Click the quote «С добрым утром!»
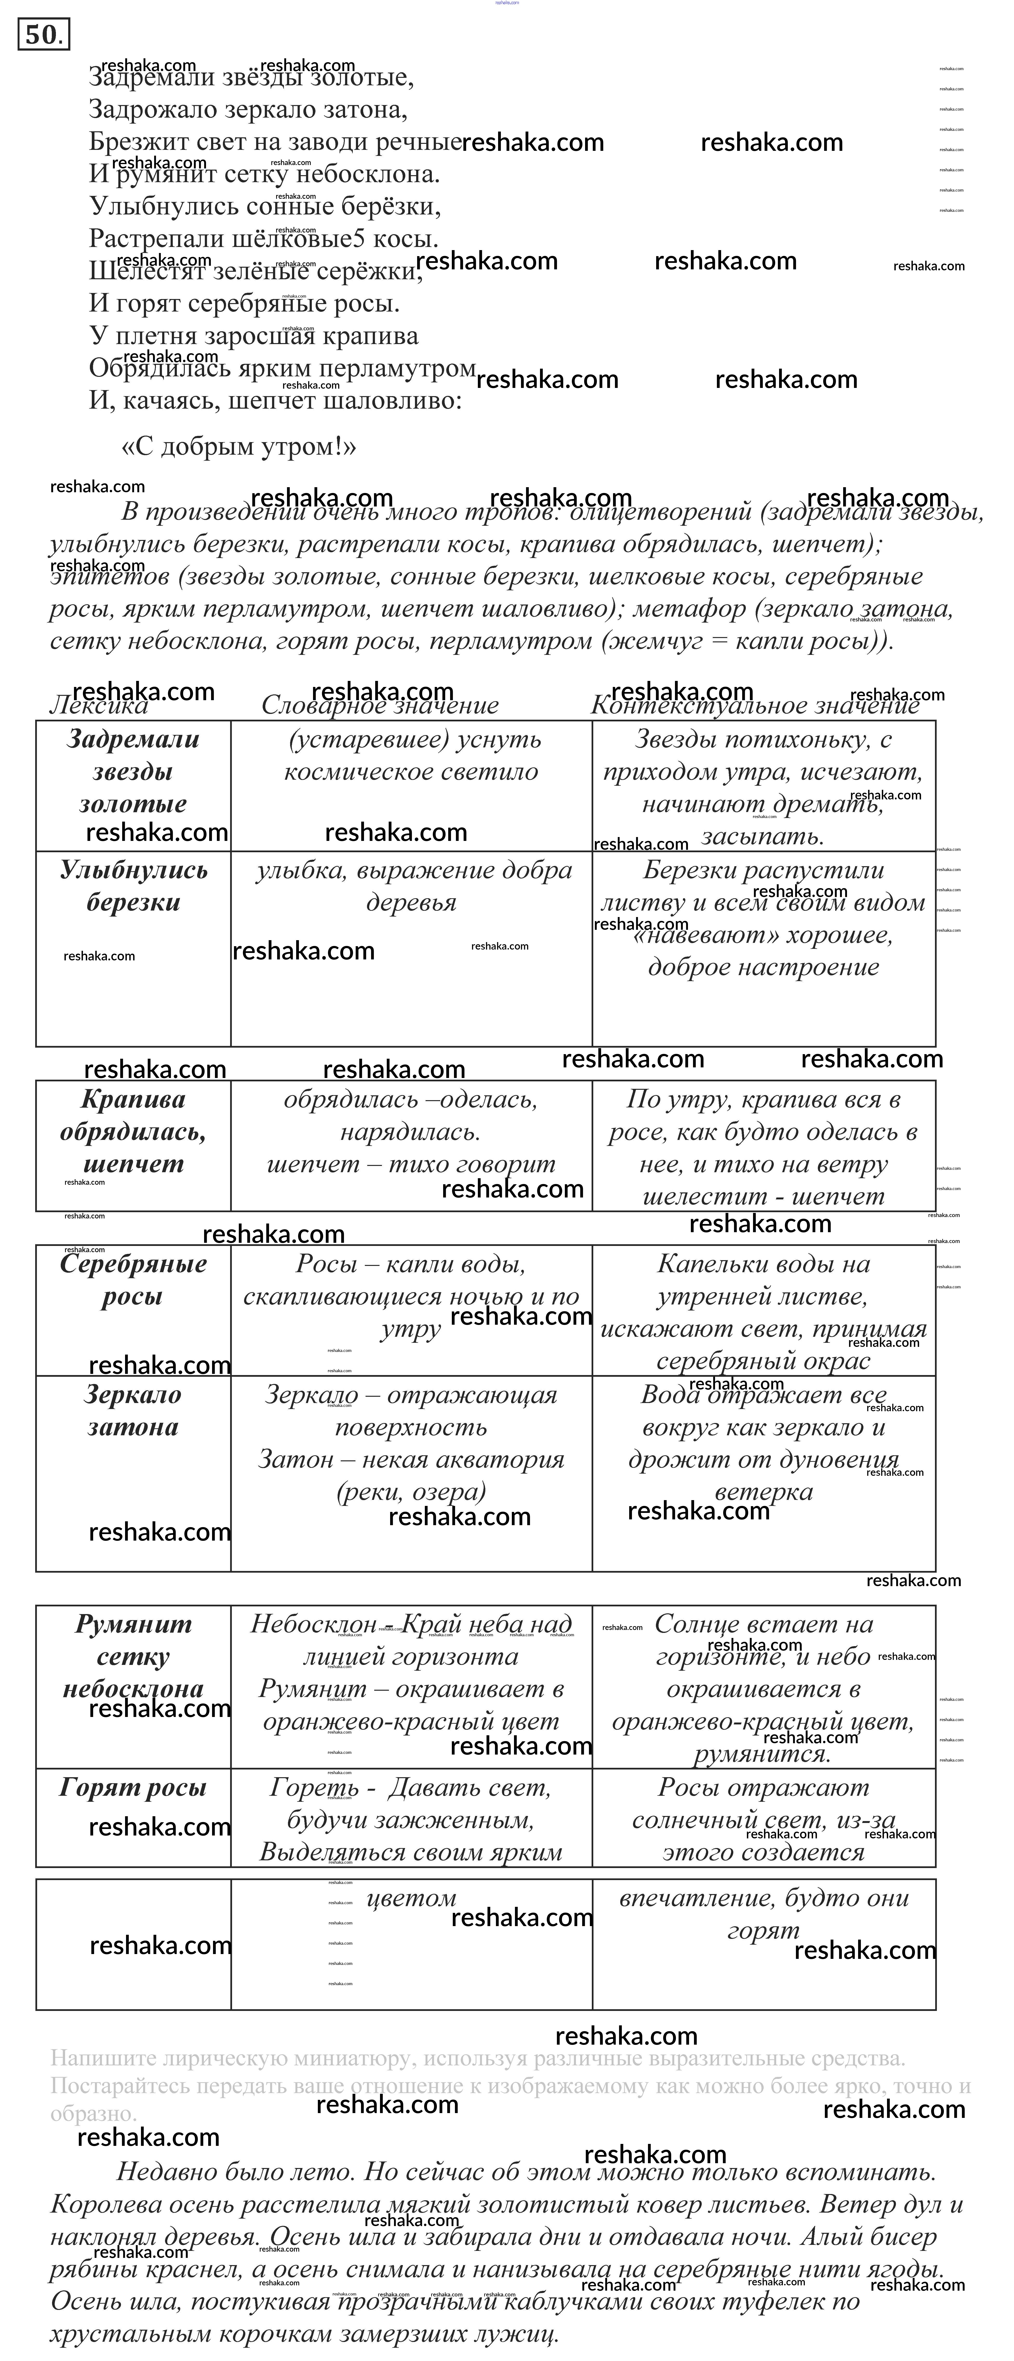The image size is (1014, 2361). click(238, 447)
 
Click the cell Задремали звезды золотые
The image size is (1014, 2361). click(133, 772)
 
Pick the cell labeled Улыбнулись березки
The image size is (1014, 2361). click(133, 886)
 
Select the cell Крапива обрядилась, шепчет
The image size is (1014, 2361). click(133, 1132)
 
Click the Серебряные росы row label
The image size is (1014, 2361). click(133, 1280)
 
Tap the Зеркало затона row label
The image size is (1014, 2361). click(133, 1411)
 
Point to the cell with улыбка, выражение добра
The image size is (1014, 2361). click(413, 871)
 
